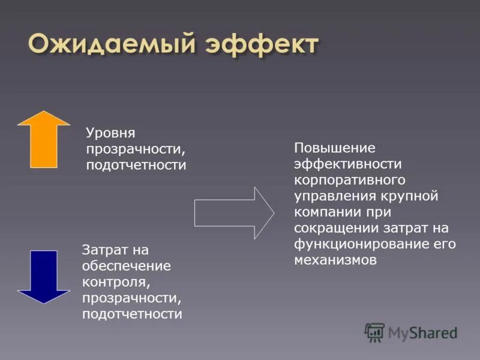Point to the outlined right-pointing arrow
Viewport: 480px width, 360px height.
234,212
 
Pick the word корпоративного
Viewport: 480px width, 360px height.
350,180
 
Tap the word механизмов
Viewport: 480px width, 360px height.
335,260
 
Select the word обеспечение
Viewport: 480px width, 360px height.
127,266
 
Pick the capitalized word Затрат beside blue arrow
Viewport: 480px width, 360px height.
106,250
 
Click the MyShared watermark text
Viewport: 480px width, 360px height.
422,332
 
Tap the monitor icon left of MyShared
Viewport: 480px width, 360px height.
374,332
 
